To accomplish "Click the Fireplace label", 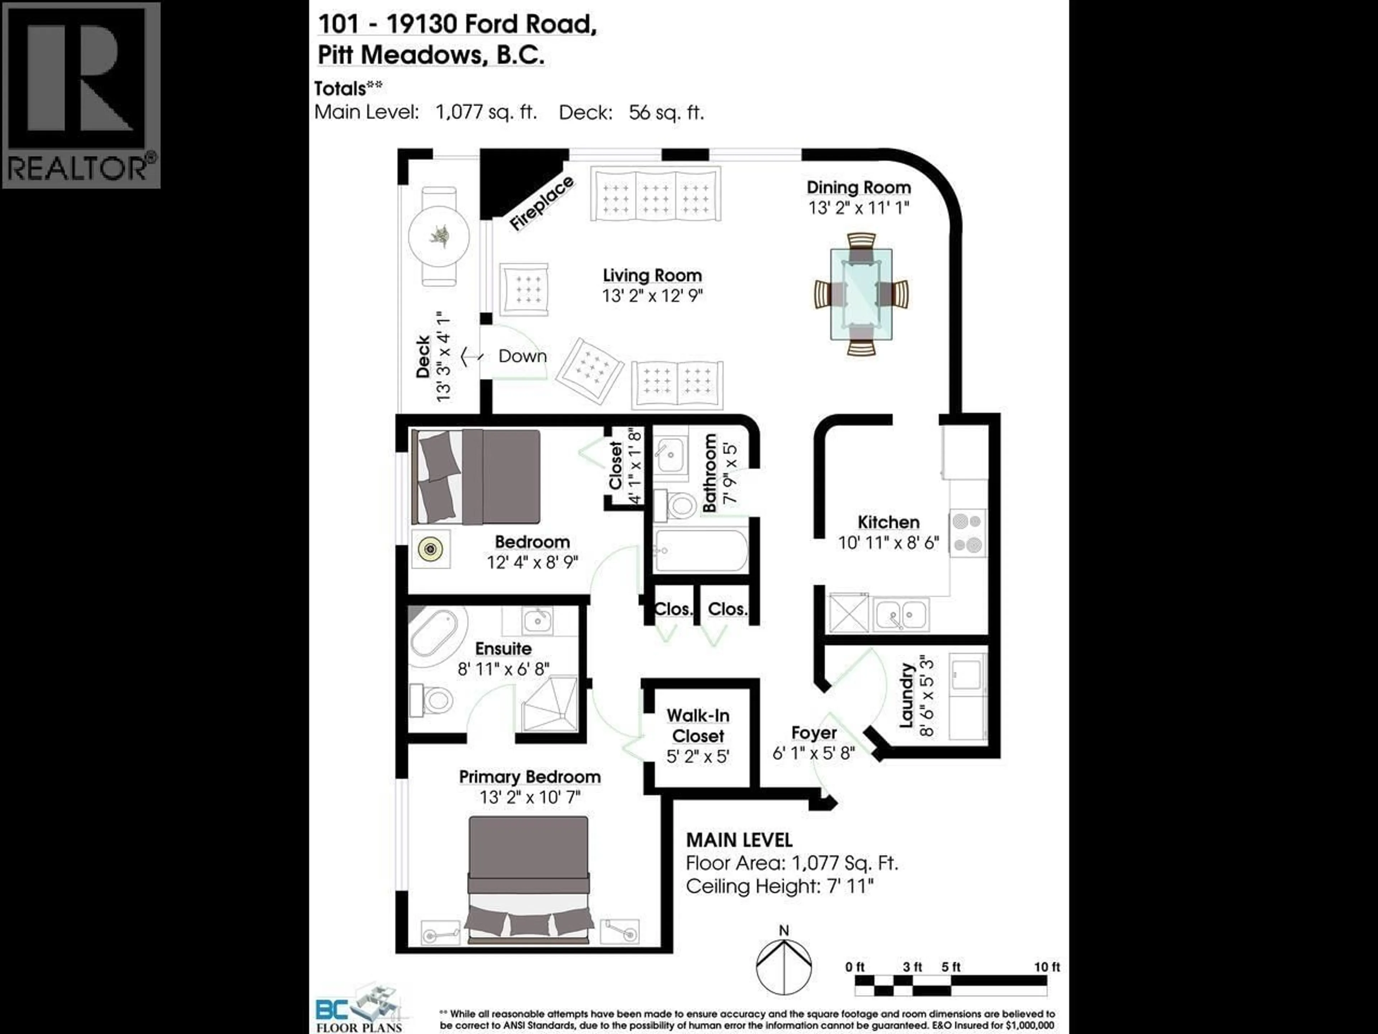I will (x=541, y=204).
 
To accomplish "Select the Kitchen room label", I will (x=888, y=522).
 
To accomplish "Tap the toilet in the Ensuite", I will (x=432, y=700).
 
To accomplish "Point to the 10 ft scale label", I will (x=1046, y=967).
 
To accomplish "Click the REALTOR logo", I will (x=81, y=95).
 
